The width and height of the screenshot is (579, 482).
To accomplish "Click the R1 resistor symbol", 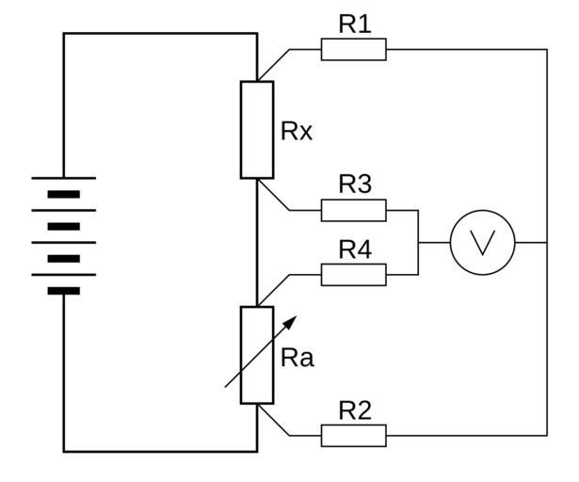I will [353, 49].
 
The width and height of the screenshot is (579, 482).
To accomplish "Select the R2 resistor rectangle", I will [353, 435].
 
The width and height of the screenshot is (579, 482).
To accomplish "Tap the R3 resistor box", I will [353, 210].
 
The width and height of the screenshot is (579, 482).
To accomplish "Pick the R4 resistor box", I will [353, 274].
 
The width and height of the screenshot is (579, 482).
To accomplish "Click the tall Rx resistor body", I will [257, 129].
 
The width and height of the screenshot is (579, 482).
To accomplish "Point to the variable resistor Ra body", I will [257, 355].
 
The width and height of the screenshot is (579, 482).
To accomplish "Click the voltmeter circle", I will [482, 242].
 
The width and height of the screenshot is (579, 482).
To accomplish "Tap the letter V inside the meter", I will [482, 242].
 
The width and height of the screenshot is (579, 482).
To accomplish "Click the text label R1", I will [354, 24].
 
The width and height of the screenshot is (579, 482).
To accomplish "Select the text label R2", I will [354, 410].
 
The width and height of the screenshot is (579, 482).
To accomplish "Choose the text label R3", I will [354, 185].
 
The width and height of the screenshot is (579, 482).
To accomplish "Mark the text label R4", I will [354, 249].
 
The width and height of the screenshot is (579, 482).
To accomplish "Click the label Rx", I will [297, 131].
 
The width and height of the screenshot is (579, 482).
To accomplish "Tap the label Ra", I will [298, 358].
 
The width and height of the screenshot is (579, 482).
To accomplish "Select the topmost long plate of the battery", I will [64, 177].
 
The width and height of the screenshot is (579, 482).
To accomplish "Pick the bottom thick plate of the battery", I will [64, 291].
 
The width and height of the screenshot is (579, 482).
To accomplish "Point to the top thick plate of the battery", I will [64, 194].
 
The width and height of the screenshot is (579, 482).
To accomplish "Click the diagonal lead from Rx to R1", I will [274, 65].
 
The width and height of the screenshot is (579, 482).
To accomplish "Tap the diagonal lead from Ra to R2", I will [274, 420].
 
